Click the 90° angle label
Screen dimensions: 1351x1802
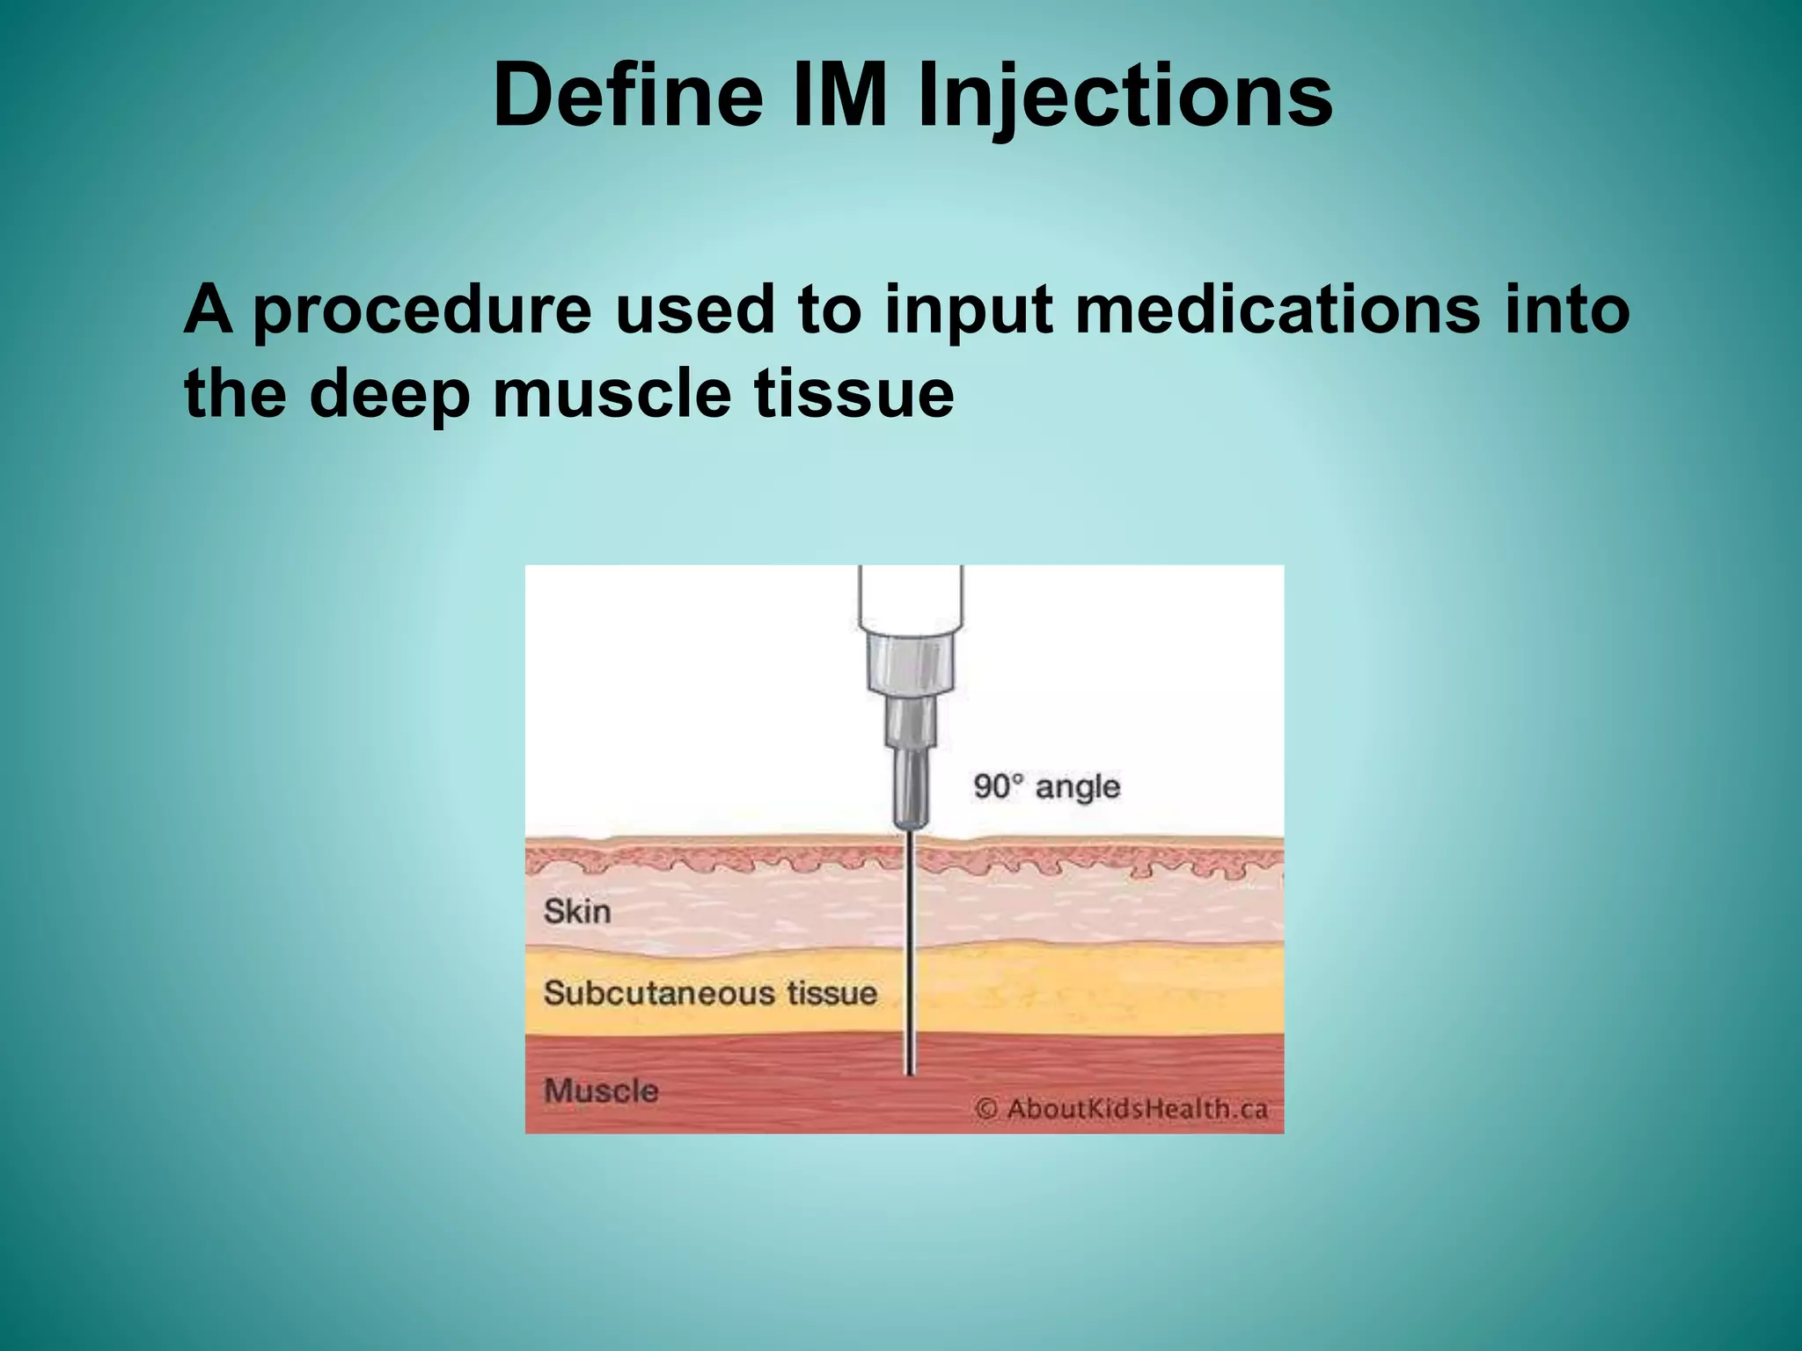point(1046,786)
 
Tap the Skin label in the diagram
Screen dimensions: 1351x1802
point(577,911)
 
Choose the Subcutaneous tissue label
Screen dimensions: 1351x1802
point(710,993)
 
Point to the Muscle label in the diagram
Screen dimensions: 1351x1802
point(601,1091)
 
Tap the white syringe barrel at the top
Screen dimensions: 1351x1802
point(911,598)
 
